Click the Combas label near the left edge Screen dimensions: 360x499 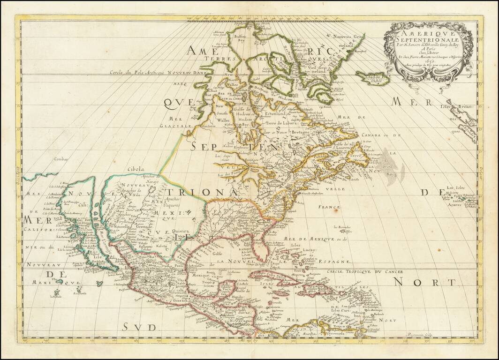pos(61,160)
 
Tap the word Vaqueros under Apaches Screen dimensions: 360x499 pos(172,204)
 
